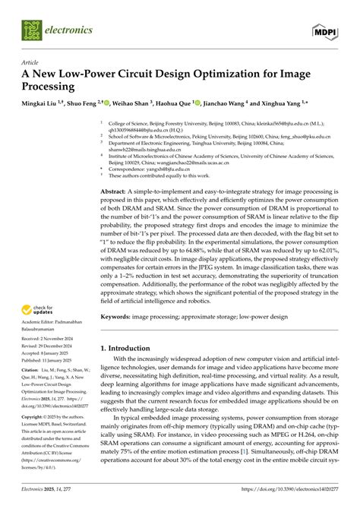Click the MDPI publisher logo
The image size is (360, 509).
pos(324,30)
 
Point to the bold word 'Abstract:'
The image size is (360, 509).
pos(119,193)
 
